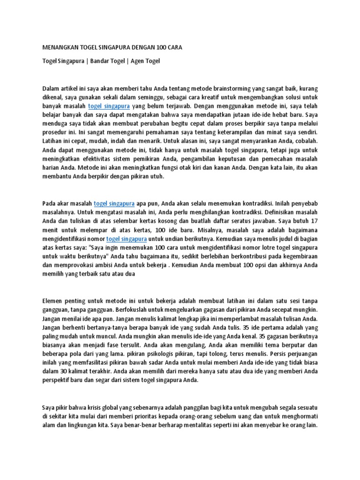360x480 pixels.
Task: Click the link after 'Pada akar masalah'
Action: [x=114, y=203]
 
